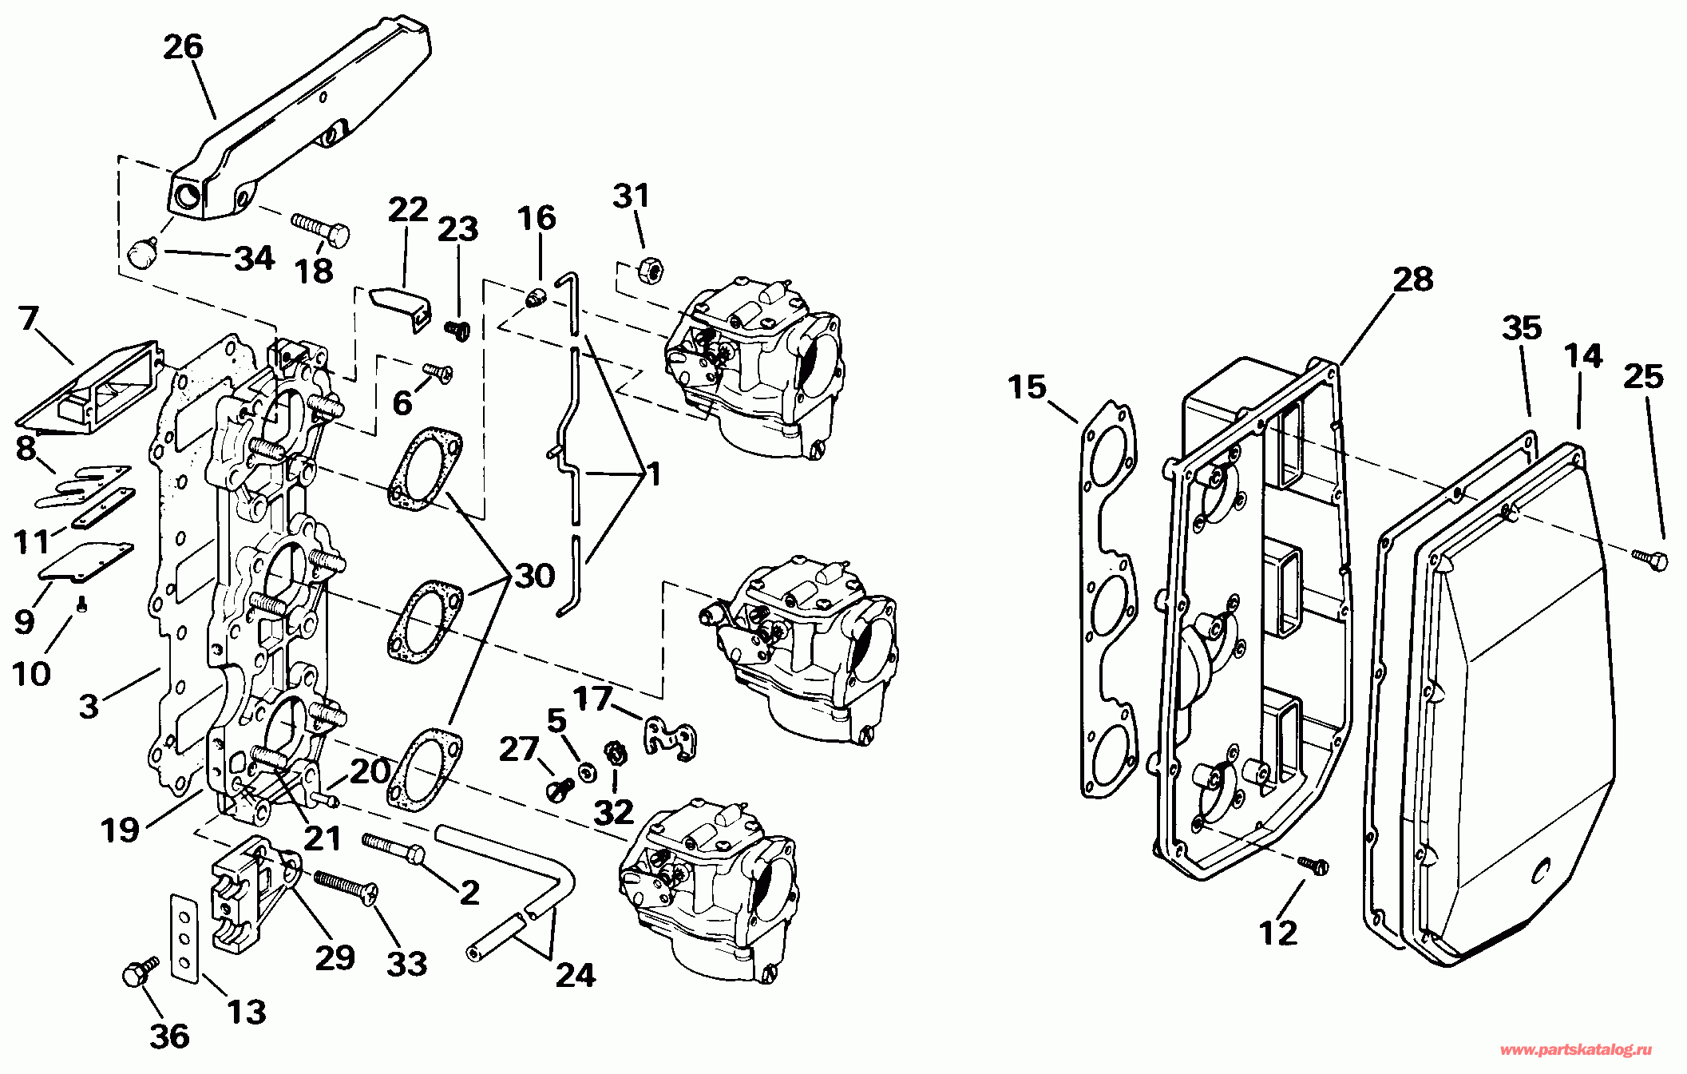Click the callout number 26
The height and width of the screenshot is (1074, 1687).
point(184,47)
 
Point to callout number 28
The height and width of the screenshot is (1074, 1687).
point(1413,279)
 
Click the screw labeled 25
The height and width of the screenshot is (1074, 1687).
point(1649,558)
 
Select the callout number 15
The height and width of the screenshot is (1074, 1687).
point(1027,387)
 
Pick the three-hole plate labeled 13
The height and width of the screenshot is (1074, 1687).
point(184,938)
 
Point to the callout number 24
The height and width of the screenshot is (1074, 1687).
point(576,975)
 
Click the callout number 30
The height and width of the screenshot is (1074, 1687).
point(535,576)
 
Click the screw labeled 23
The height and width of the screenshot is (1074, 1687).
point(457,330)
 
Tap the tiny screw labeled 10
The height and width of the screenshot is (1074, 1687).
point(81,606)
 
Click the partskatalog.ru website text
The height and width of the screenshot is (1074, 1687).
point(1576,1051)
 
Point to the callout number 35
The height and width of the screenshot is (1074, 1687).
point(1522,327)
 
